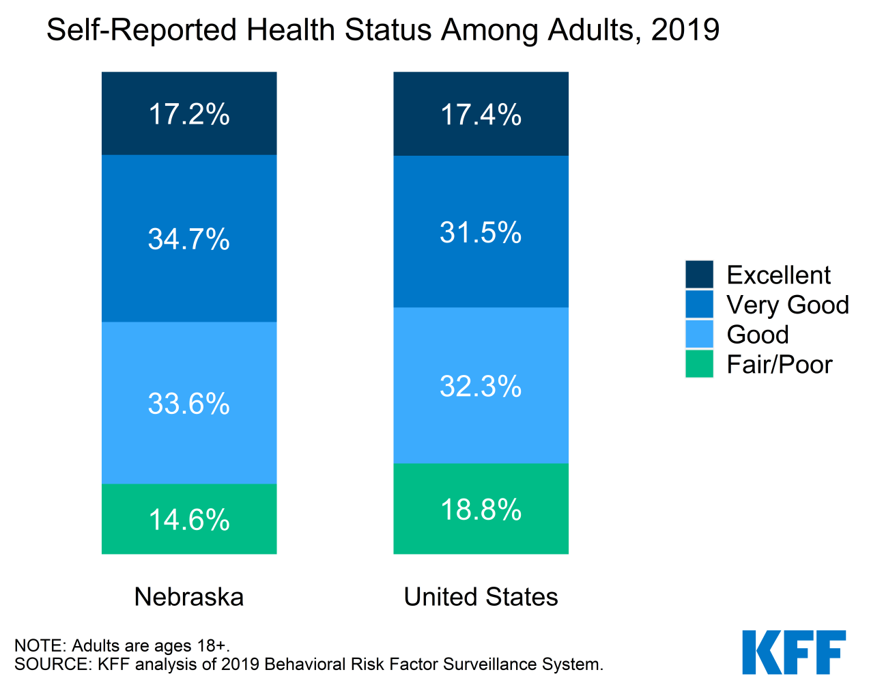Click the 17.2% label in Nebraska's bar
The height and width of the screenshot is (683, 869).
(x=189, y=115)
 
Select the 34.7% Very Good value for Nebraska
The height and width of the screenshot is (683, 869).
(x=189, y=239)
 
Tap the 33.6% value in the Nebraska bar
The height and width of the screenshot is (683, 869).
(x=189, y=404)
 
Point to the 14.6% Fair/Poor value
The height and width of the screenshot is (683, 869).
(x=189, y=520)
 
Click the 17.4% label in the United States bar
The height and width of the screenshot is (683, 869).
(x=481, y=115)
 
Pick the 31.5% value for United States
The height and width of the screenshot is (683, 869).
(x=481, y=232)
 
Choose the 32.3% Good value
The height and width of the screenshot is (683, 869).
(x=481, y=386)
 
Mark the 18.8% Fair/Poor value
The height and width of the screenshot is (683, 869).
(x=481, y=510)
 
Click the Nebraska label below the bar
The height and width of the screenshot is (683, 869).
(x=189, y=596)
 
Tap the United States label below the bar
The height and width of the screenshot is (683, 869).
(x=481, y=596)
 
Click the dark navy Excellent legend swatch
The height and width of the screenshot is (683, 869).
(x=700, y=275)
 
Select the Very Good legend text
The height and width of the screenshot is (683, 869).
(x=788, y=305)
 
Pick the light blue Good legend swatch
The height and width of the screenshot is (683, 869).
(x=700, y=334)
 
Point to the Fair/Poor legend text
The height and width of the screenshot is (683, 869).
(x=780, y=365)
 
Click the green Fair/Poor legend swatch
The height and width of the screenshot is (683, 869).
(x=700, y=364)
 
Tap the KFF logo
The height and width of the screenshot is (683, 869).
(x=794, y=652)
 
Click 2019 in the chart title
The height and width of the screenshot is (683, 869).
(x=685, y=29)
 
